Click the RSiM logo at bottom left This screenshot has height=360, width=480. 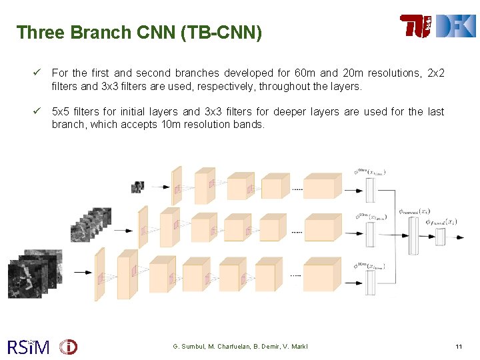click(x=28, y=347)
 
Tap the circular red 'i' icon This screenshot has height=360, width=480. click(x=68, y=347)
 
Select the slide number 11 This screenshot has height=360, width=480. click(x=459, y=347)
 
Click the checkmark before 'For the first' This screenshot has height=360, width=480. click(x=39, y=72)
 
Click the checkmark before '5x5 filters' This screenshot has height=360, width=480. click(x=39, y=111)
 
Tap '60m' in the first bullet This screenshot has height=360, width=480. click(x=305, y=73)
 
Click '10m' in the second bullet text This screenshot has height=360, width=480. click(x=175, y=124)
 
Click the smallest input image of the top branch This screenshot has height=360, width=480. click(x=137, y=187)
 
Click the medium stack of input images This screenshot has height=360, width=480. click(x=91, y=225)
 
